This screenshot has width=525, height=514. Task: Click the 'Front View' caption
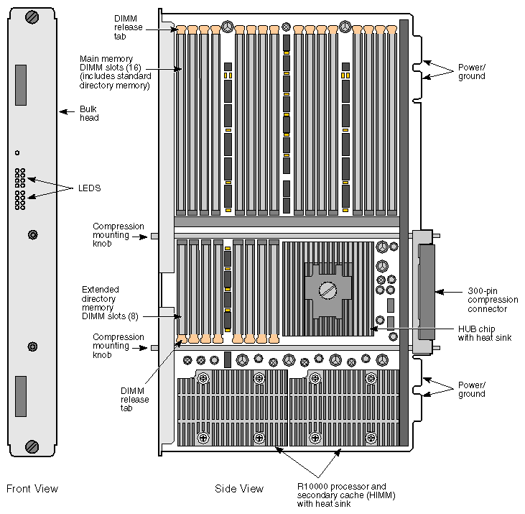click(32, 489)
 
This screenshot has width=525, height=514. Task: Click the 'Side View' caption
click(239, 489)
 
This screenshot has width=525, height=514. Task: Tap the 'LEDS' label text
click(89, 188)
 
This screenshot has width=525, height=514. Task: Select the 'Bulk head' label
click(89, 114)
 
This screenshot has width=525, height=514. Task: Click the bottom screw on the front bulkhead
click(32, 446)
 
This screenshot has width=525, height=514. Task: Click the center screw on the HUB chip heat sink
click(328, 290)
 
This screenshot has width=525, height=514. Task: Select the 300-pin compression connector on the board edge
click(424, 291)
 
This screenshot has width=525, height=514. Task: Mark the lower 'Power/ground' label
click(471, 390)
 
